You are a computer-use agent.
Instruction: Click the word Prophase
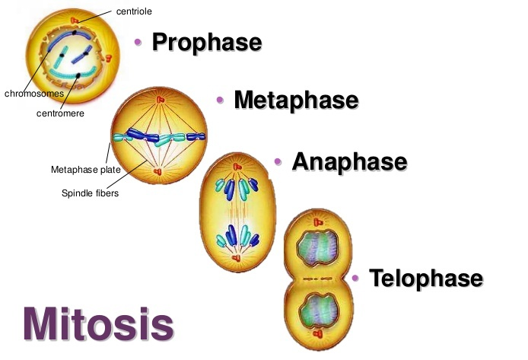click(206, 42)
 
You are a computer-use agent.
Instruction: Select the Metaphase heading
click(295, 100)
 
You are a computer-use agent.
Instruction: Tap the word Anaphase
click(349, 161)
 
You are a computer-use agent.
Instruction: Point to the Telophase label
click(425, 278)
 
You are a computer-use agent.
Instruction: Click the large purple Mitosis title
click(97, 323)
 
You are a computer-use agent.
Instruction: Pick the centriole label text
click(135, 11)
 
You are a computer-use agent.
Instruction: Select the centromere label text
click(60, 113)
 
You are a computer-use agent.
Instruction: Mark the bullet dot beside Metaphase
click(219, 100)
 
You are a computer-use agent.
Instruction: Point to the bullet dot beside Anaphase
click(278, 161)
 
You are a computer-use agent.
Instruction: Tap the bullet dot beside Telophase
click(355, 278)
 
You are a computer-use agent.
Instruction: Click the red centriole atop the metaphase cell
click(159, 100)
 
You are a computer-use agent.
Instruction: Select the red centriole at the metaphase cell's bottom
click(158, 172)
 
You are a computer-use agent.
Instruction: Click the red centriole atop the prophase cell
click(73, 19)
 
